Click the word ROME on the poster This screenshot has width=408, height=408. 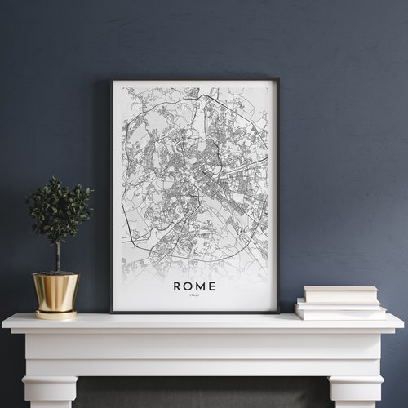tap(194, 286)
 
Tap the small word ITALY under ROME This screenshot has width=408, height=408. tap(194, 296)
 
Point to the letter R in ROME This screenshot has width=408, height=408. tap(177, 286)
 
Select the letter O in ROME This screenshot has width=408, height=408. tap(188, 286)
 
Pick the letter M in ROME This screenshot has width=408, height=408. tap(201, 286)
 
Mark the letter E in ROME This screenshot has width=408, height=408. tap(212, 286)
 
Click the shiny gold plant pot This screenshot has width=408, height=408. tap(55, 291)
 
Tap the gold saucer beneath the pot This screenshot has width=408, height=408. tap(55, 313)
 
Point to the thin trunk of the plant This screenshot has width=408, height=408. tap(57, 257)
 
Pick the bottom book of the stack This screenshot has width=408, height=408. tap(340, 312)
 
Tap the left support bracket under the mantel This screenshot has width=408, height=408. tap(50, 384)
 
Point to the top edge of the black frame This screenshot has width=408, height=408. tap(194, 80)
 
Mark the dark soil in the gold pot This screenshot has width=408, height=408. tap(55, 273)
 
